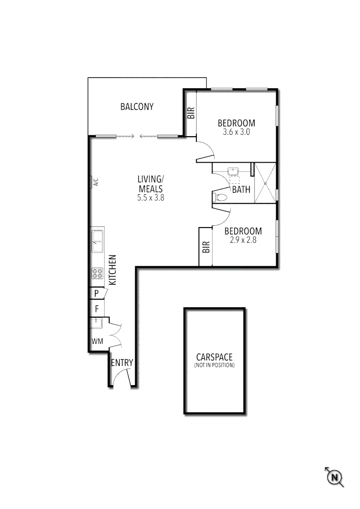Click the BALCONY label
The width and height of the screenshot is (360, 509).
click(137, 107)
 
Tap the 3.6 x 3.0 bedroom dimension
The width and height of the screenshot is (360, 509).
click(236, 132)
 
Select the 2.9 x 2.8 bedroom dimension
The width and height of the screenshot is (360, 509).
click(243, 240)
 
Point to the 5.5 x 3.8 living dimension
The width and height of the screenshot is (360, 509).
click(151, 198)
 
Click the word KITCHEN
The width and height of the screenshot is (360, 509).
click(113, 270)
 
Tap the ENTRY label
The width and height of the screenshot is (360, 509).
click(122, 363)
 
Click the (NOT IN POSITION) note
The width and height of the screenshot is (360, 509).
click(214, 365)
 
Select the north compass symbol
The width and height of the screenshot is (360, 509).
click(335, 477)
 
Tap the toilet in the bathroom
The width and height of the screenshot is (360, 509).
click(220, 197)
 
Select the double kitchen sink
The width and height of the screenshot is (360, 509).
click(98, 241)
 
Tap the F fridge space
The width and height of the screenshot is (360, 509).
click(97, 309)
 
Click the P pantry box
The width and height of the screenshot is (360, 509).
click(97, 293)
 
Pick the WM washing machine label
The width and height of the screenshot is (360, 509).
click(97, 341)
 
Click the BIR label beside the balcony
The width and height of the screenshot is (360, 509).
click(191, 113)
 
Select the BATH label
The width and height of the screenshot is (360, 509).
click(241, 190)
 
